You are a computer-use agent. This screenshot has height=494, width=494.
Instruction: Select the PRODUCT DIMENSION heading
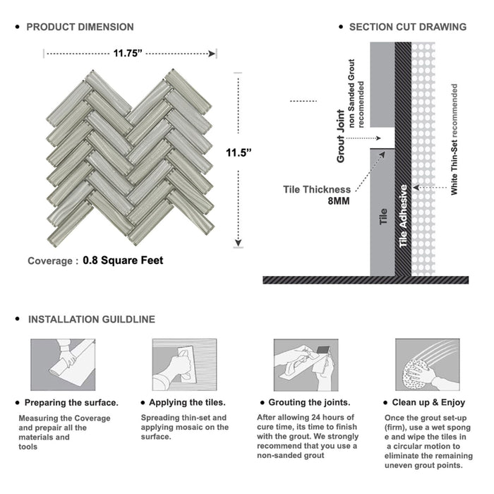tap(80, 28)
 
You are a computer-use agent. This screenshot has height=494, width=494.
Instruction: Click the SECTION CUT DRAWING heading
tap(407, 28)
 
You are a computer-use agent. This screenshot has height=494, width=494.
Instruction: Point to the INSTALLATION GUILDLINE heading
tap(91, 320)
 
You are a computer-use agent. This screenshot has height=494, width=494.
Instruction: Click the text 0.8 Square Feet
tap(123, 260)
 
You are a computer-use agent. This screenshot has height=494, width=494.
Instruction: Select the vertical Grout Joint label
tap(341, 136)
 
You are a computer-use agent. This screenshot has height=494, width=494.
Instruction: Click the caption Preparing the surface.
tap(71, 403)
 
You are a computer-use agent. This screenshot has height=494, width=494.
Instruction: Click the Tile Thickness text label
tap(316, 189)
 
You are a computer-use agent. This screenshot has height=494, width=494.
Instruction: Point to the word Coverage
tap(49, 261)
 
